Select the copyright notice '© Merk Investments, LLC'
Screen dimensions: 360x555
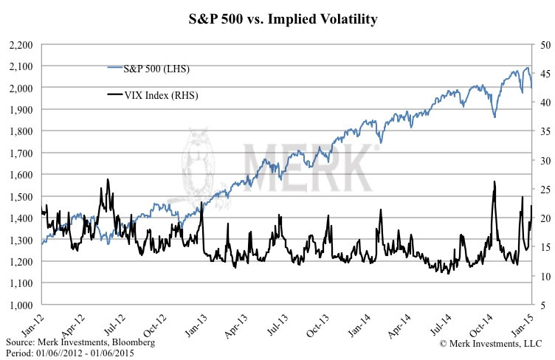(491, 343)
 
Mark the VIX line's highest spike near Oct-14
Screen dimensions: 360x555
(494, 181)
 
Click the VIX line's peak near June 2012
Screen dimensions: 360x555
(108, 179)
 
